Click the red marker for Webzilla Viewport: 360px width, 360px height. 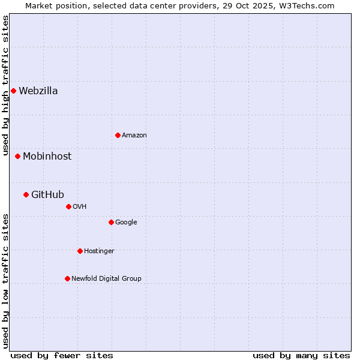[x=13, y=91]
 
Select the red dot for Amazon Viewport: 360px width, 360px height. [x=118, y=135]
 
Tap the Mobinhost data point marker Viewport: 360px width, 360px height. [x=17, y=156]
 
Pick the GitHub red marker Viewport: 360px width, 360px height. [x=26, y=194]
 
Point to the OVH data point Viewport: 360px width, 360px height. [x=68, y=206]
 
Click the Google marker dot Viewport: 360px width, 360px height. [x=111, y=222]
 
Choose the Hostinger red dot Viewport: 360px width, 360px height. [x=80, y=251]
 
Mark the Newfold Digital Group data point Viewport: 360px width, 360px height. [x=67, y=278]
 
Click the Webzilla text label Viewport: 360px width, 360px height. [x=38, y=91]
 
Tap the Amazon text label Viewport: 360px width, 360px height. [x=134, y=136]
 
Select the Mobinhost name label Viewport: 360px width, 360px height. [x=47, y=157]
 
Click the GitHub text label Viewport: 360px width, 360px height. [x=47, y=195]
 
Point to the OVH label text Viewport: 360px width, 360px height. [x=80, y=207]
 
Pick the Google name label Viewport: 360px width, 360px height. [x=126, y=223]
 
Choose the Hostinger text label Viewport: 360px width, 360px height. [x=99, y=251]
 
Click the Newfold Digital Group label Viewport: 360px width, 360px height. [x=106, y=279]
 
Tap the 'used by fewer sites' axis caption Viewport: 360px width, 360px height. [x=62, y=355]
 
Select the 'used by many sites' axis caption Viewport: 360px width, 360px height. [x=301, y=355]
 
